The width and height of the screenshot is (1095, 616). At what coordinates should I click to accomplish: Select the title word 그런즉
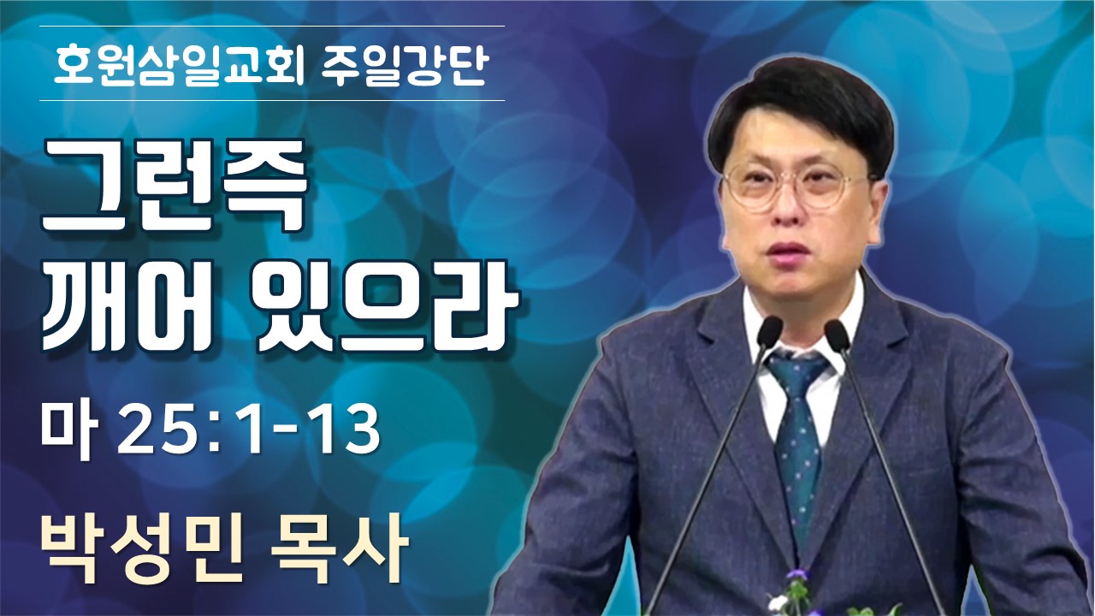pos(174,187)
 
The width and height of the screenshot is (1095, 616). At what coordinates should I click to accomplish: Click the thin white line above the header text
pos(272,27)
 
